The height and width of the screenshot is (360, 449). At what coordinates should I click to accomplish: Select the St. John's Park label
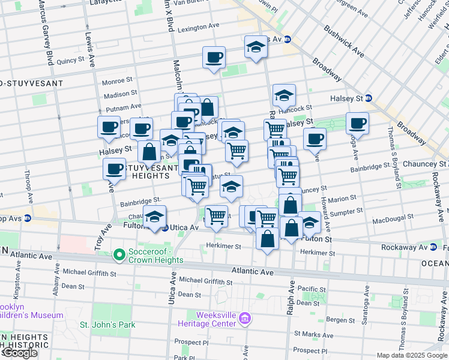pos(108,325)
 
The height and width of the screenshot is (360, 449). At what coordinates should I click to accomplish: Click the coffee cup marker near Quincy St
pos(214,58)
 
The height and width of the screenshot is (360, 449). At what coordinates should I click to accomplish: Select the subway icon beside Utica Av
pos(164,228)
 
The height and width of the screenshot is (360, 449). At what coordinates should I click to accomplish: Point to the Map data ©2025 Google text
pos(411,355)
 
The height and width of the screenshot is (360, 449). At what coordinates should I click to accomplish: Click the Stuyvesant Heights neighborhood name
pos(147,171)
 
